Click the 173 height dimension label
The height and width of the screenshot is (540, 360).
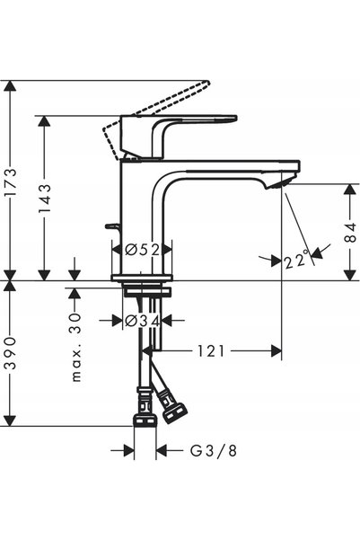(x=11, y=182)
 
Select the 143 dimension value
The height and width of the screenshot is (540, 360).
(x=45, y=199)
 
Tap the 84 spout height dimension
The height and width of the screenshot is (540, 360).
(x=351, y=232)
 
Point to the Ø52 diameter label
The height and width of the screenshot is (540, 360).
(x=143, y=250)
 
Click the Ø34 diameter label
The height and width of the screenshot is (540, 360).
(x=143, y=321)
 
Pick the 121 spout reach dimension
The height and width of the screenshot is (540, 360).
(x=211, y=351)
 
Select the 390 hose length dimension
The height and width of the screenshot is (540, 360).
(x=11, y=353)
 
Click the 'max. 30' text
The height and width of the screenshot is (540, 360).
(x=76, y=348)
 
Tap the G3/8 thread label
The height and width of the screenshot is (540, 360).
(x=214, y=450)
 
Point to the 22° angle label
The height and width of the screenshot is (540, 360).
(x=297, y=260)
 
